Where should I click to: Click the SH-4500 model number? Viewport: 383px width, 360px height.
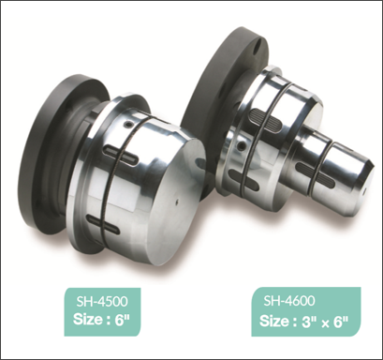coord(102,301)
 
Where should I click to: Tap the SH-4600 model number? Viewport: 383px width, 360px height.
coord(289,300)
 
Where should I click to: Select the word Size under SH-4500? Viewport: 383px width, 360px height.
coord(88,320)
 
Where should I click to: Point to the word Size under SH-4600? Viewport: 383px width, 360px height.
coord(274,321)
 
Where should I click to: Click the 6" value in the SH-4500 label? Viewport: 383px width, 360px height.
coord(122,320)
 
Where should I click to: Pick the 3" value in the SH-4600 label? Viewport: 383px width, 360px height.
coord(309,322)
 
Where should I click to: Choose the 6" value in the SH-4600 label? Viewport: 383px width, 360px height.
coord(341,322)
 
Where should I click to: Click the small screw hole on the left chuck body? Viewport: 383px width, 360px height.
coord(127,125)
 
